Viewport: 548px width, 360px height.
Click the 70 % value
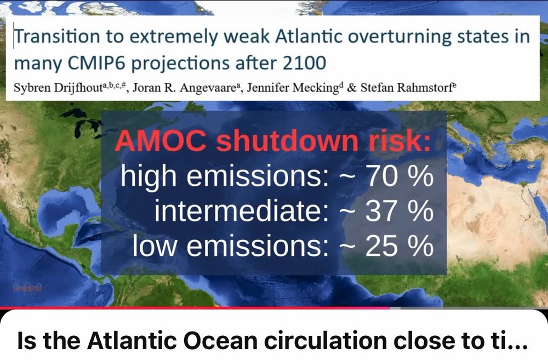(400, 176)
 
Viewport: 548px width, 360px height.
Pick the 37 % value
(400, 212)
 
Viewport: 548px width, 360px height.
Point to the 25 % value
(400, 247)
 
